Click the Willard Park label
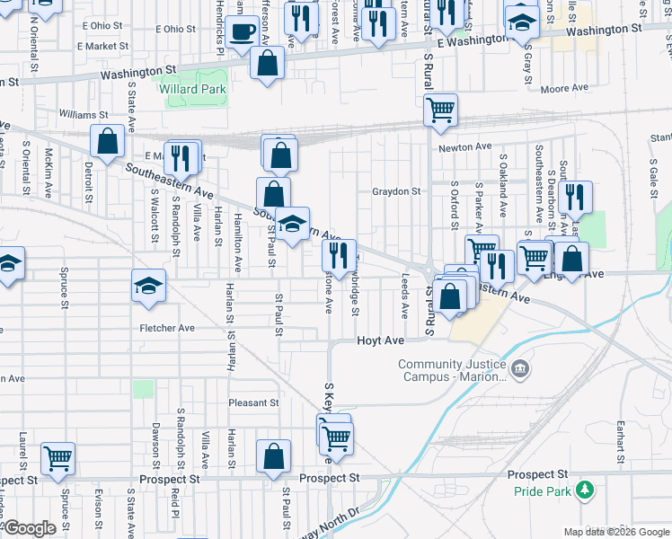tap(192, 90)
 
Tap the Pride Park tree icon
tap(586, 490)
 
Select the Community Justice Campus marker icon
tap(520, 368)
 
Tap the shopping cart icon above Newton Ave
tap(440, 110)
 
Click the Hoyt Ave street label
tap(378, 341)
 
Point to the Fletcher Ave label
tap(167, 329)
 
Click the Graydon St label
tap(396, 191)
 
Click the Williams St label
tap(84, 115)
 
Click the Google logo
tap(30, 528)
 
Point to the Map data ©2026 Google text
tap(615, 532)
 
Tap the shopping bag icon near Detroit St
tap(107, 141)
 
